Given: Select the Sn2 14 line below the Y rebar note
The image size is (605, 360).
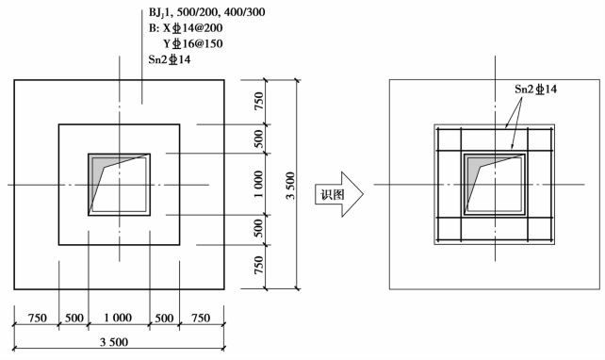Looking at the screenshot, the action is (x=170, y=59).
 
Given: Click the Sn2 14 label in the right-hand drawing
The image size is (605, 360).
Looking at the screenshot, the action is (x=535, y=90).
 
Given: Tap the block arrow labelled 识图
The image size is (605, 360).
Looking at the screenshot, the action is (x=339, y=194).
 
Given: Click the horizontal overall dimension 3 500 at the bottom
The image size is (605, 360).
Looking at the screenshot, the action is (x=114, y=342).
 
